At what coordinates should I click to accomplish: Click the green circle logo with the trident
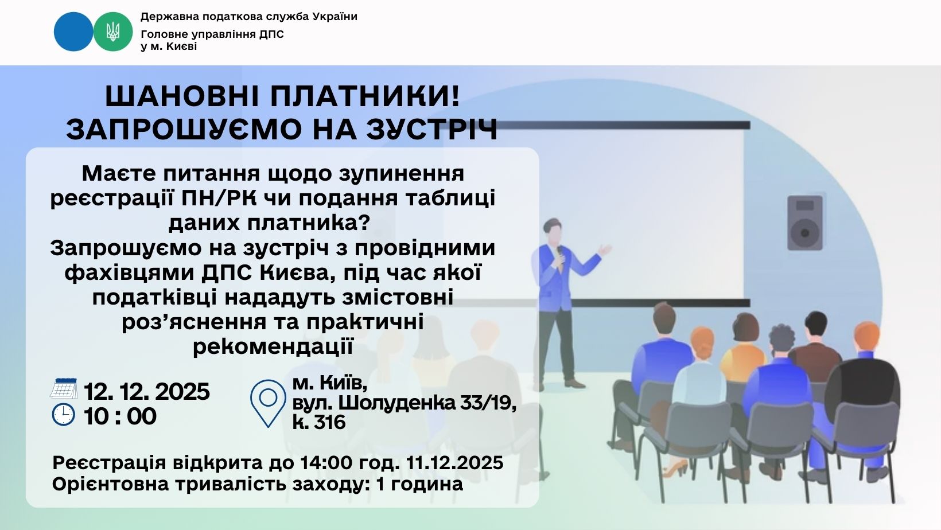coord(112,32)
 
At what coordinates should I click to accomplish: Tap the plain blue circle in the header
coord(73,32)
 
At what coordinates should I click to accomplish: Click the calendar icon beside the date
coord(64,388)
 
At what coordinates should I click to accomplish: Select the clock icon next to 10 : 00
coord(64,415)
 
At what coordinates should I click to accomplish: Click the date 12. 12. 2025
coord(147,391)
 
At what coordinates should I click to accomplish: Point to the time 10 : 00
coord(120,416)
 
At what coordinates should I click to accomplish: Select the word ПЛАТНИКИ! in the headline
coord(365,96)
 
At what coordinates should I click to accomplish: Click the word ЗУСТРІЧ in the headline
coord(432,129)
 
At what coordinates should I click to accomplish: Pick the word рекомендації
coord(273,346)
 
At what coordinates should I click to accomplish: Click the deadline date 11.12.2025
coord(454,463)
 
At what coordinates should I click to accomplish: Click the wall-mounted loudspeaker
coord(804,223)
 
